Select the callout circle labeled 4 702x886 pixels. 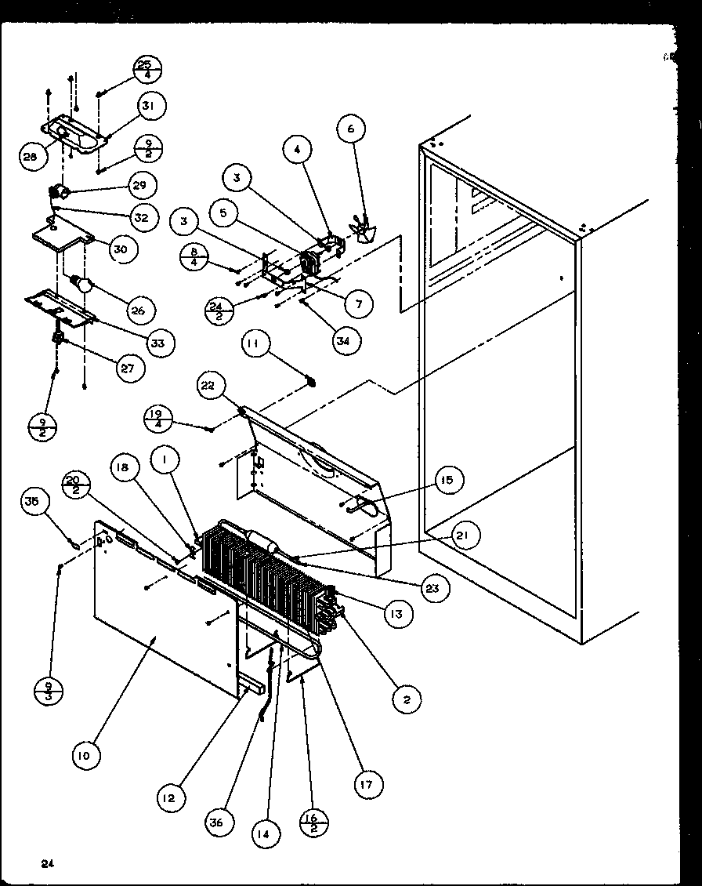click(x=298, y=149)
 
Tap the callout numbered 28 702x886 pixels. click(x=31, y=157)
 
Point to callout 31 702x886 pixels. click(x=152, y=105)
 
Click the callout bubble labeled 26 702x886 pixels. click(x=138, y=310)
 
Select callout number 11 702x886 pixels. click(x=256, y=343)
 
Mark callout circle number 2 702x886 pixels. click(x=407, y=699)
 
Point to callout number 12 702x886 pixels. click(x=171, y=797)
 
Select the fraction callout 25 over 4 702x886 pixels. click(x=144, y=70)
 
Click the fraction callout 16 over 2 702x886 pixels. click(x=313, y=826)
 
